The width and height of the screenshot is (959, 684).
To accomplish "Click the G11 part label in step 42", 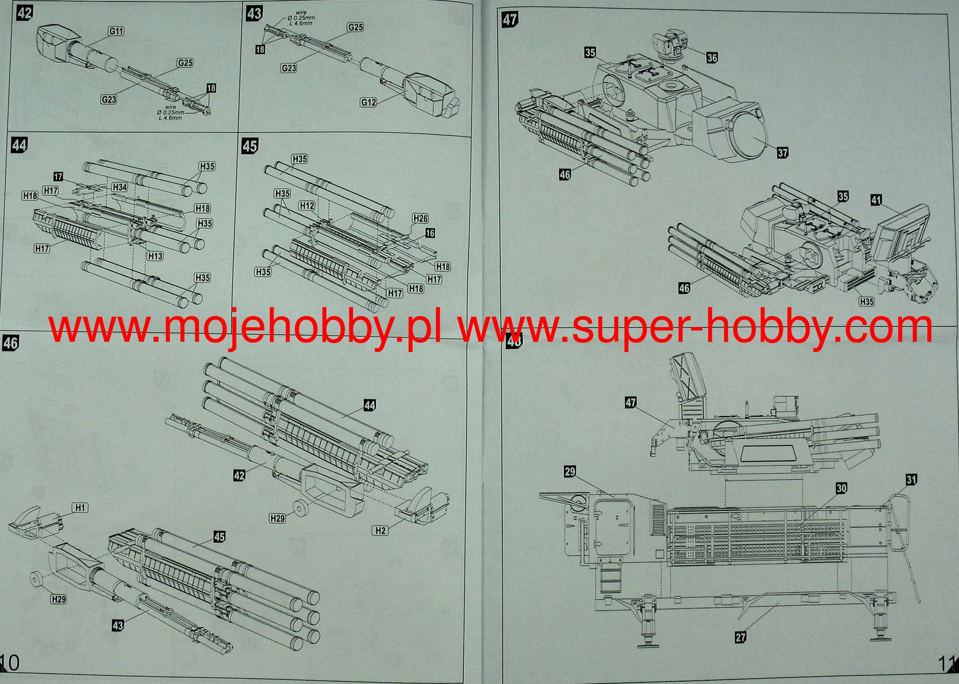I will click(x=116, y=31).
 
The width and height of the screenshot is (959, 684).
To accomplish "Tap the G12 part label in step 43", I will click(x=369, y=102).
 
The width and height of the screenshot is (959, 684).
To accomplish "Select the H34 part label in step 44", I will click(x=119, y=187).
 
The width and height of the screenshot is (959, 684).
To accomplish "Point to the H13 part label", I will click(x=155, y=256).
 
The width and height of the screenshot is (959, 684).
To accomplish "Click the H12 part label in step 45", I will click(x=307, y=206).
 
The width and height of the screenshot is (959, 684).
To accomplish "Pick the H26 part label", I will click(x=420, y=218).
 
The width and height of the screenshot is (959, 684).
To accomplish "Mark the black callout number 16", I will click(x=430, y=233).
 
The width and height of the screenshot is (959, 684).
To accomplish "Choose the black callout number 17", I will click(x=58, y=177).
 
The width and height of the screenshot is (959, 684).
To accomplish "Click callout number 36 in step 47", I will click(x=712, y=58).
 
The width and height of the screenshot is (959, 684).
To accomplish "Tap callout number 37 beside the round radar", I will click(x=782, y=152).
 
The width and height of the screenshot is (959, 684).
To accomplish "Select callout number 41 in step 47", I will click(x=876, y=200).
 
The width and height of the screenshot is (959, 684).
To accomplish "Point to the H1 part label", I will click(x=81, y=507).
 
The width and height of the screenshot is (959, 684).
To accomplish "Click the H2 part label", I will click(x=380, y=530).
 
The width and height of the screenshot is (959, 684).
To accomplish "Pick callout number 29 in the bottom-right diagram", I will click(x=569, y=471).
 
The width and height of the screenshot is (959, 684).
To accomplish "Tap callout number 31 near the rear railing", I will click(x=911, y=479).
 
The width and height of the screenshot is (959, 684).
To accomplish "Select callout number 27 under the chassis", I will click(x=740, y=637).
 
